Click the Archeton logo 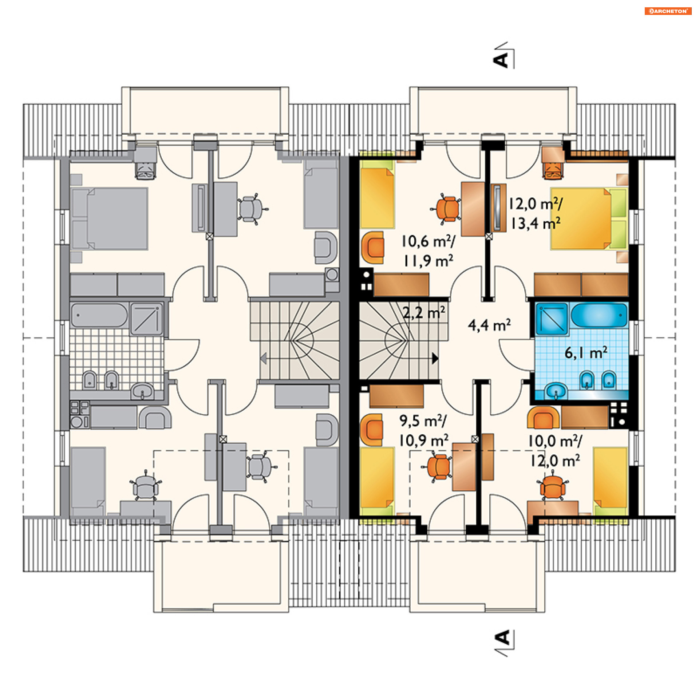(x=668, y=11)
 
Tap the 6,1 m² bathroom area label (x=586, y=352)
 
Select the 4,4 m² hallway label (x=489, y=325)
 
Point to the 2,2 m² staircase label (x=424, y=312)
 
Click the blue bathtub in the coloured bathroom (x=599, y=315)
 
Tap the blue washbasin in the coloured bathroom (x=556, y=391)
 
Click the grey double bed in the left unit (x=109, y=218)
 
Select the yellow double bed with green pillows (x=589, y=218)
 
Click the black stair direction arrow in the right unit (x=435, y=359)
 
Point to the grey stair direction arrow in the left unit (x=264, y=358)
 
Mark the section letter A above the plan (x=501, y=60)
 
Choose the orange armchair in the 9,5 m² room (x=372, y=430)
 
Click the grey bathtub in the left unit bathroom (x=99, y=315)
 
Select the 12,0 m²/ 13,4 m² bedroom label (x=535, y=214)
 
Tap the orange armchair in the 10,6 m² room (x=372, y=247)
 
